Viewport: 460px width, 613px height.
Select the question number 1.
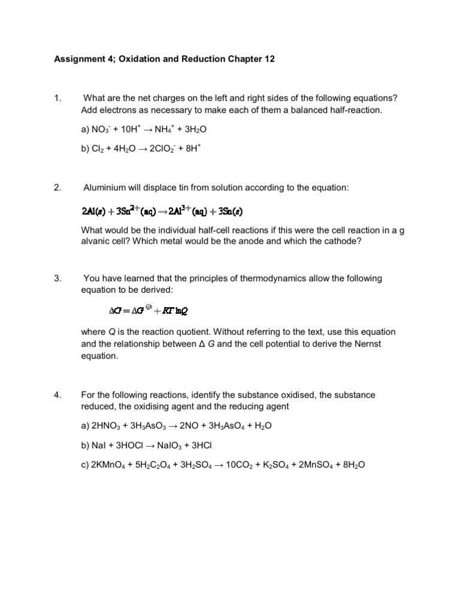(x=57, y=98)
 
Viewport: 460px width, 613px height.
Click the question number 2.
(x=57, y=187)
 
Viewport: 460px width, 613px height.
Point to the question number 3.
(x=57, y=278)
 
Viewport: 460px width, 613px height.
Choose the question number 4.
(x=57, y=395)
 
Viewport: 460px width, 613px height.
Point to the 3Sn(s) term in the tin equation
(x=231, y=211)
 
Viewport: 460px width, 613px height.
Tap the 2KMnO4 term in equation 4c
(x=110, y=464)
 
